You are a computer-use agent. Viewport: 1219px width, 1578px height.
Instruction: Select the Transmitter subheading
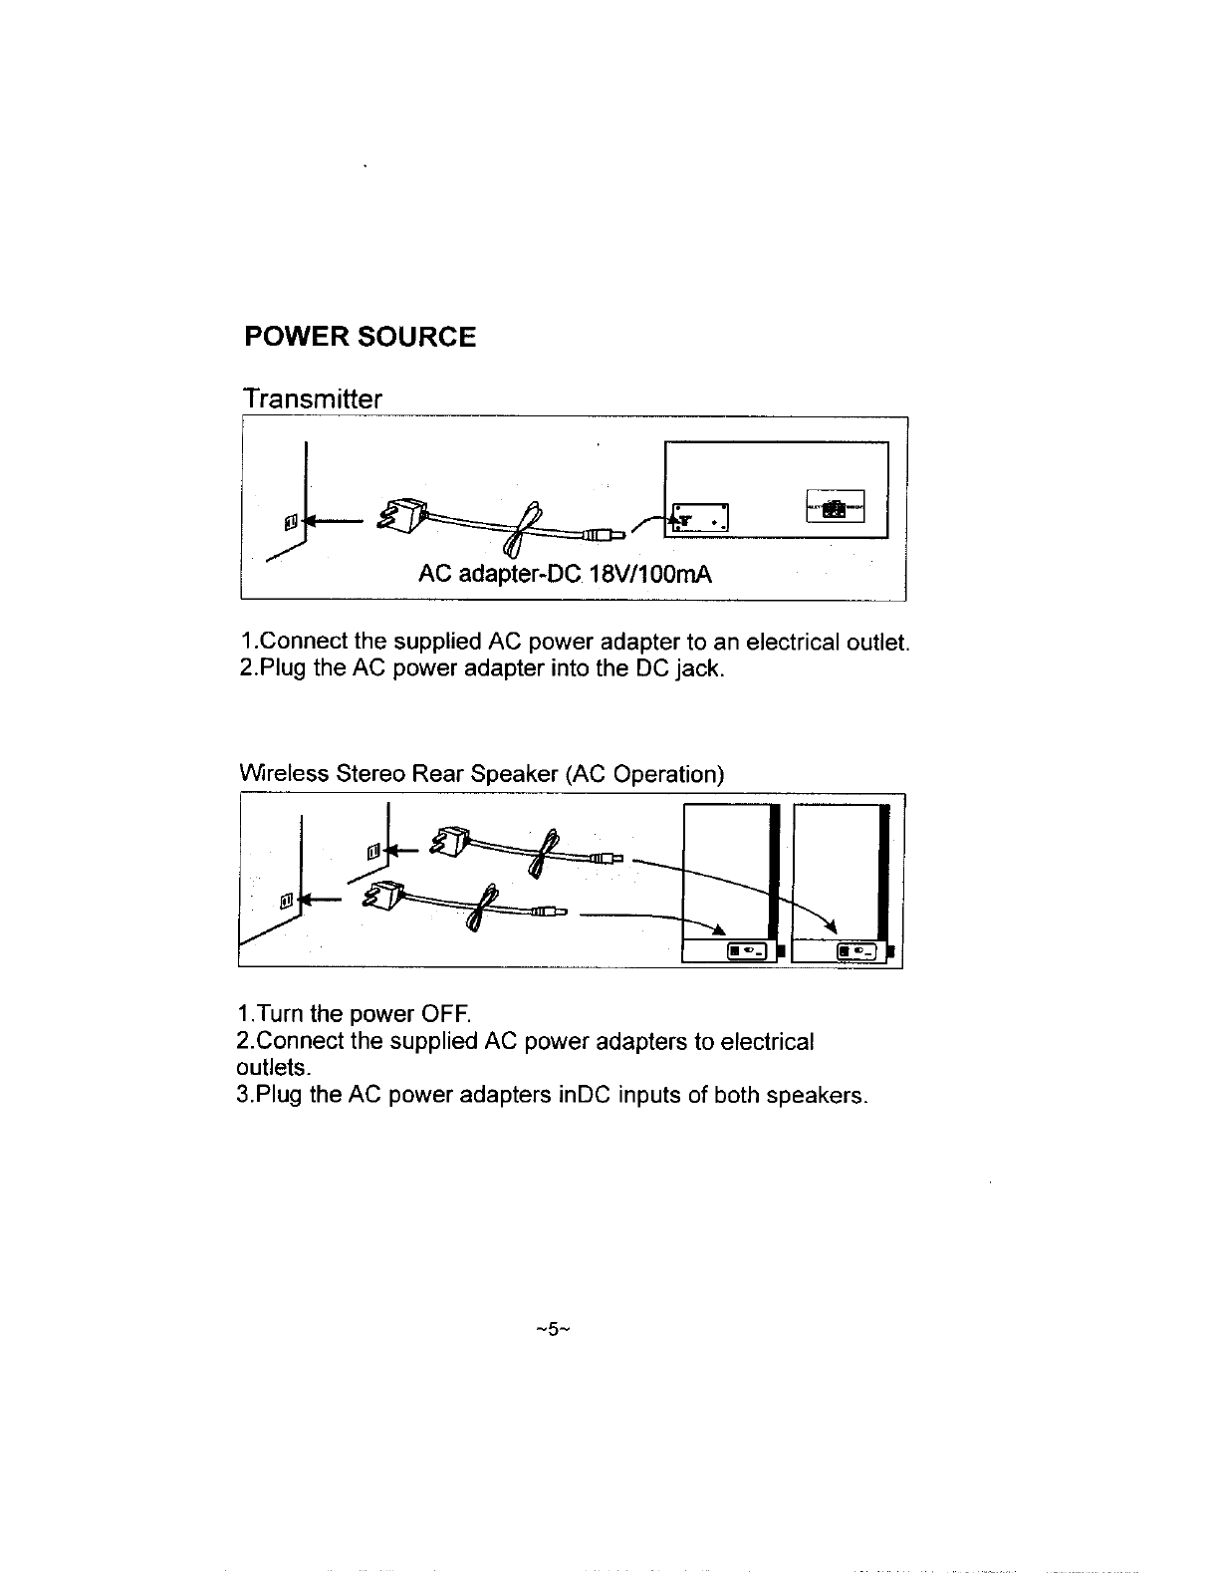312,399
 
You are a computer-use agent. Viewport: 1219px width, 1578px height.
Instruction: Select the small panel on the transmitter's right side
836,507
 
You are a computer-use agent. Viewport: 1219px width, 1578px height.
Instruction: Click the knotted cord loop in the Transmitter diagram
523,528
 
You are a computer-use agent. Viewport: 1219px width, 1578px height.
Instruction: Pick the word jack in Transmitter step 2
697,667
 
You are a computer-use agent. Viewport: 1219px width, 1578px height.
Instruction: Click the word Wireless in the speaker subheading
284,774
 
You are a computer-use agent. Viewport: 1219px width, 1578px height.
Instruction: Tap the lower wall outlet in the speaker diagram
286,901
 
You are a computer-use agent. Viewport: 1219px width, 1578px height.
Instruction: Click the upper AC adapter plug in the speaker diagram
446,842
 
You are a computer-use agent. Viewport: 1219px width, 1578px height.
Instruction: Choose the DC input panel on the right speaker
857,953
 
